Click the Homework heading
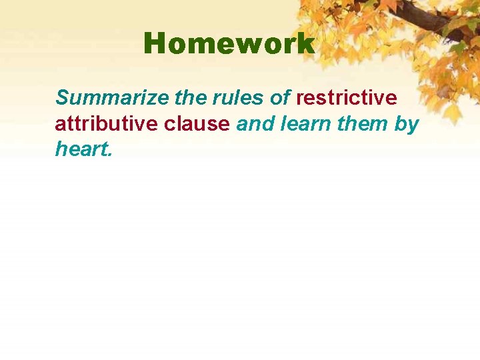click(x=229, y=44)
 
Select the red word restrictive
click(x=346, y=98)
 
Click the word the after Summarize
click(x=190, y=98)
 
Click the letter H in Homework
click(x=154, y=44)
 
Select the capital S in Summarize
click(x=63, y=98)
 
